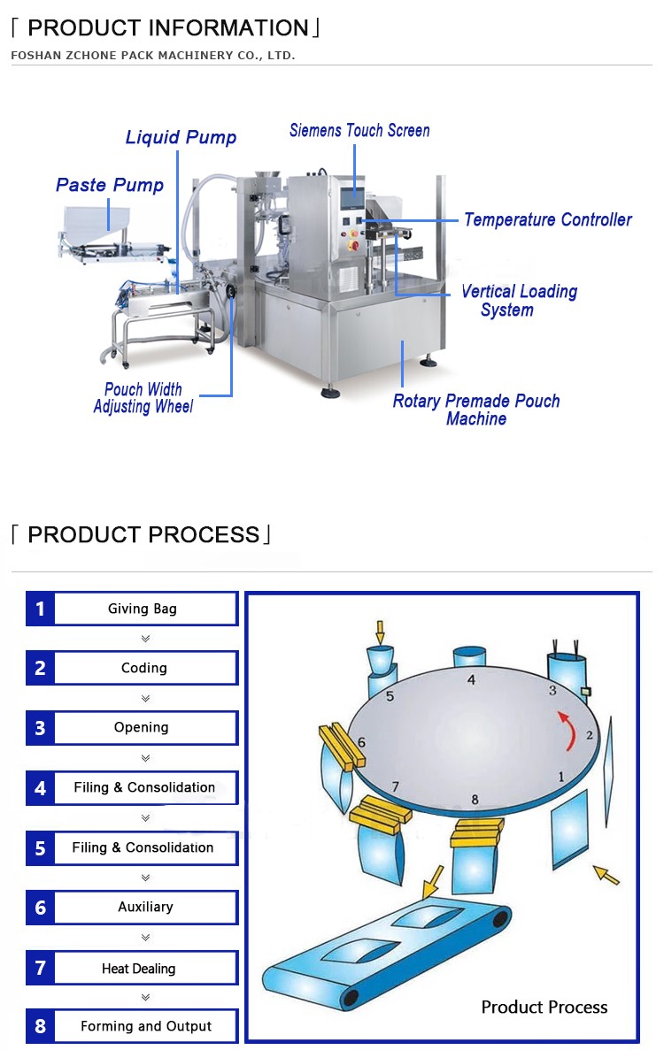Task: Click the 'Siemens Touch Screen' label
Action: click(x=359, y=131)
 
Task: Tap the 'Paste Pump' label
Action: click(x=110, y=185)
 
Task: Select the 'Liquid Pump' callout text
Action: click(x=181, y=137)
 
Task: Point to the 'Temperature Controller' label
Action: click(x=547, y=219)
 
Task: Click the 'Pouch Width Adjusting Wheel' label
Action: click(x=143, y=398)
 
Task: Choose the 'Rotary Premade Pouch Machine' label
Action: click(x=476, y=410)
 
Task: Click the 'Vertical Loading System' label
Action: click(x=518, y=301)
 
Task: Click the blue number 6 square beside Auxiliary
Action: click(x=40, y=908)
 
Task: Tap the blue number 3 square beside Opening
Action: click(x=40, y=728)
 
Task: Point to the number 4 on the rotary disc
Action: click(x=471, y=680)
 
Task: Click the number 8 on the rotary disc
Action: click(x=475, y=800)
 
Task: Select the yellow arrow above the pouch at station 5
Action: click(x=381, y=632)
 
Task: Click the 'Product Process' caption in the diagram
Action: click(x=544, y=1007)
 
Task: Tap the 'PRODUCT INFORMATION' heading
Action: click(x=167, y=28)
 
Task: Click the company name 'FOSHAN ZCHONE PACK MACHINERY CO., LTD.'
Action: click(x=153, y=56)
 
